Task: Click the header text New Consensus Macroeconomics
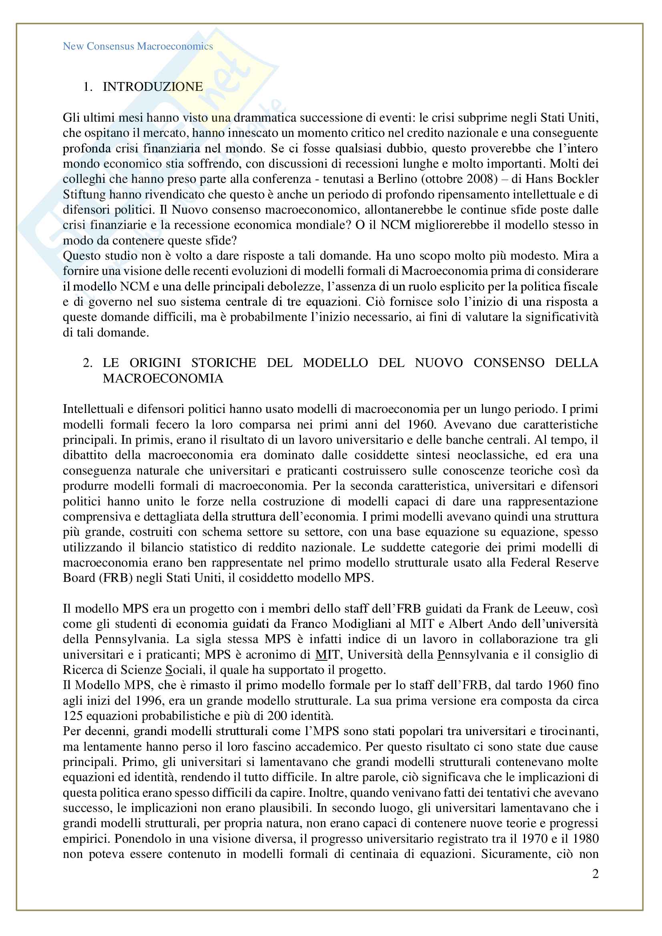(138, 46)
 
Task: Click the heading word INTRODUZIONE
(153, 86)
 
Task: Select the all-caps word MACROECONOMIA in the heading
(163, 378)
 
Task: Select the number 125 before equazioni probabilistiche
(72, 716)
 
